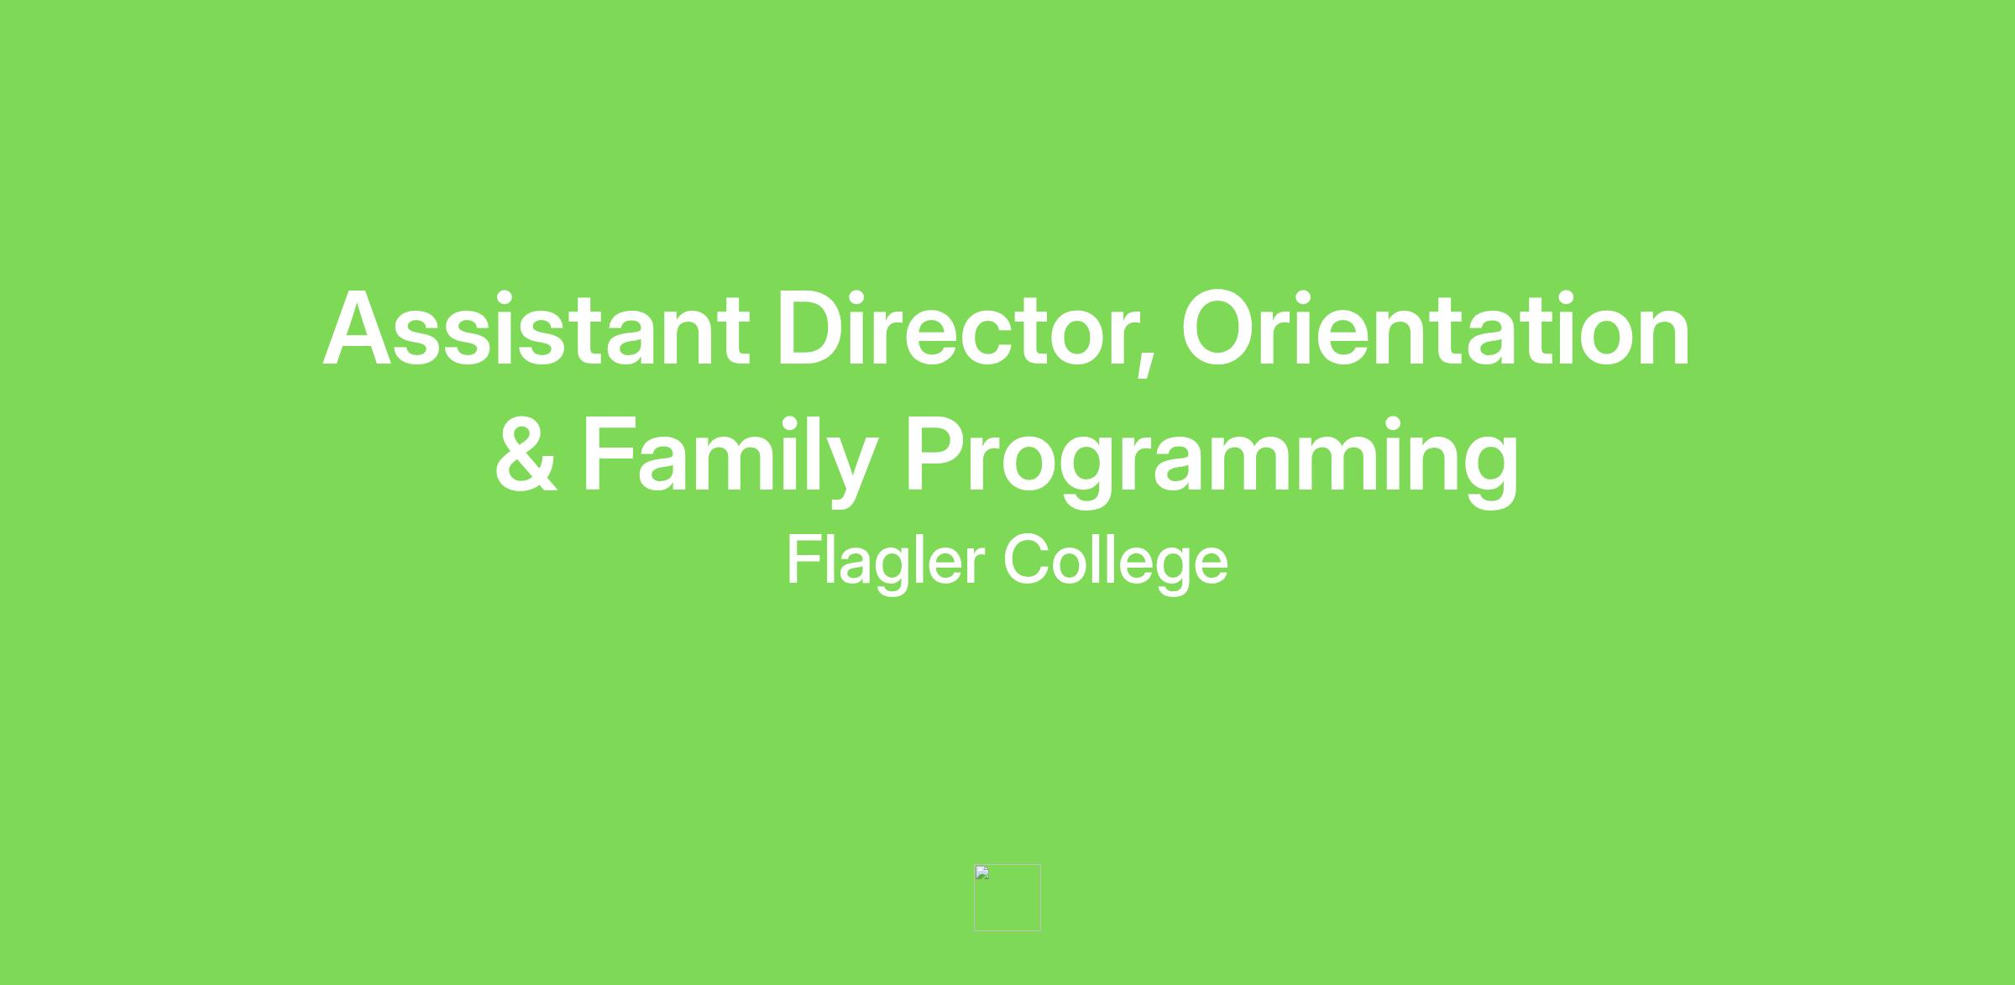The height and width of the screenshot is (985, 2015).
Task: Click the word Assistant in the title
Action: (x=536, y=328)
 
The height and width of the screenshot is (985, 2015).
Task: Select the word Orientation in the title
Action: (x=1436, y=328)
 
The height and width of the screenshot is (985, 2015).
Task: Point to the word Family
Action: (x=730, y=460)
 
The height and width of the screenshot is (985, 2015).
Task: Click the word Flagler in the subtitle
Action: (x=886, y=563)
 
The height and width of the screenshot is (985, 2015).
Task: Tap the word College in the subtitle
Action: (x=1116, y=563)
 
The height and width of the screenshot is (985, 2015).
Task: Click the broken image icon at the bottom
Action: (x=1007, y=897)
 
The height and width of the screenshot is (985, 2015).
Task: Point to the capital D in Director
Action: (x=814, y=328)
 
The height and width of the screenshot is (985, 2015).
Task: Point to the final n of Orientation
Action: (x=1664, y=339)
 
